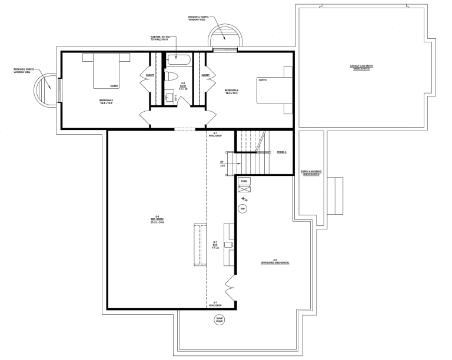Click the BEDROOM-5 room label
pos(106,102)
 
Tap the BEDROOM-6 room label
pos(231,91)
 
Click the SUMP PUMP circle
pos(219,320)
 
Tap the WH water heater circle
pos(242,208)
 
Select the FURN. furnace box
pos(244,182)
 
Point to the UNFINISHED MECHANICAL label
pos(275,262)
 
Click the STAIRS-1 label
pos(281,152)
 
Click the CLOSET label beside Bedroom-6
pos(205,75)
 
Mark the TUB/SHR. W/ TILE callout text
pos(159,38)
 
